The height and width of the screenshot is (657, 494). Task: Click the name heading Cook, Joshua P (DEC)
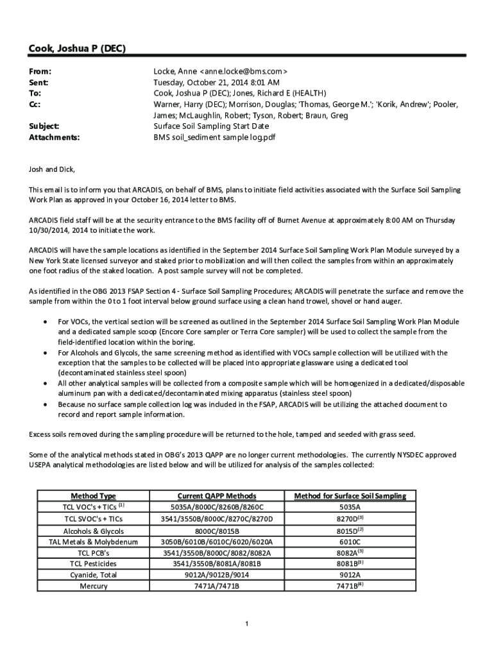(x=76, y=49)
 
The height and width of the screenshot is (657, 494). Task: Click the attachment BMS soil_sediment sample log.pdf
(x=214, y=137)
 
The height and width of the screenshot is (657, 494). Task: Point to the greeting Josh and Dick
(x=52, y=169)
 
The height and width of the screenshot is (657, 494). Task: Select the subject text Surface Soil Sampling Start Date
(x=211, y=126)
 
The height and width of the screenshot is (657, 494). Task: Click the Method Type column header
(x=93, y=496)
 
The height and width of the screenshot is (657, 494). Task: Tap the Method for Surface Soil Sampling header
(x=350, y=496)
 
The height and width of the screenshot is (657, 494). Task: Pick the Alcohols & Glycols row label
(x=93, y=531)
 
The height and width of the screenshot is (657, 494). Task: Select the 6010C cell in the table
(x=350, y=542)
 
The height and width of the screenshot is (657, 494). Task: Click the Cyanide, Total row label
(x=93, y=576)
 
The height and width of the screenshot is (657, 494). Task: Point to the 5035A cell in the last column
(x=350, y=507)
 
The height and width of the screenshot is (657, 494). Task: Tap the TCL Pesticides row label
(x=93, y=564)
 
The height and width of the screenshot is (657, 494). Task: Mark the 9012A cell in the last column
(x=350, y=576)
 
